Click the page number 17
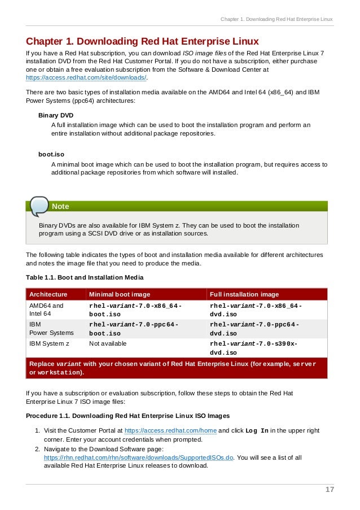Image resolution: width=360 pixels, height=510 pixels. click(330, 490)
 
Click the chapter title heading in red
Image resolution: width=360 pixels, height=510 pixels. click(142, 42)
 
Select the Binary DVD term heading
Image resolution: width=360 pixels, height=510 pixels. click(55, 115)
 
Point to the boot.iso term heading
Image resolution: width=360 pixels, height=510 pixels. click(51, 154)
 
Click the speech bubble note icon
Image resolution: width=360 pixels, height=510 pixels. click(39, 206)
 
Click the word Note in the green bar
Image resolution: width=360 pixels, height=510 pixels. click(60, 207)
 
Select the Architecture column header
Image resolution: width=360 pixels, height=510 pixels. click(49, 294)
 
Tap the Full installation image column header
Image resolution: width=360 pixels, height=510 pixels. click(244, 294)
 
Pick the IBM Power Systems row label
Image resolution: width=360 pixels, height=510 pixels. click(51, 329)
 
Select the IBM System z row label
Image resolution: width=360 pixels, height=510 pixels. click(50, 343)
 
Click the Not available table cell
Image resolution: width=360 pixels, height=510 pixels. click(108, 343)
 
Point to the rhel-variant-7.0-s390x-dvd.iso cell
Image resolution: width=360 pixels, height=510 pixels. click(254, 348)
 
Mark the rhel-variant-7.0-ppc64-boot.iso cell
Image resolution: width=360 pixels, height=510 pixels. click(134, 329)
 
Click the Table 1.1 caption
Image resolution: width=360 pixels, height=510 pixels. click(85, 277)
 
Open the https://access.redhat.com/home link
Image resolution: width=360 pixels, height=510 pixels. click(170, 430)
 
